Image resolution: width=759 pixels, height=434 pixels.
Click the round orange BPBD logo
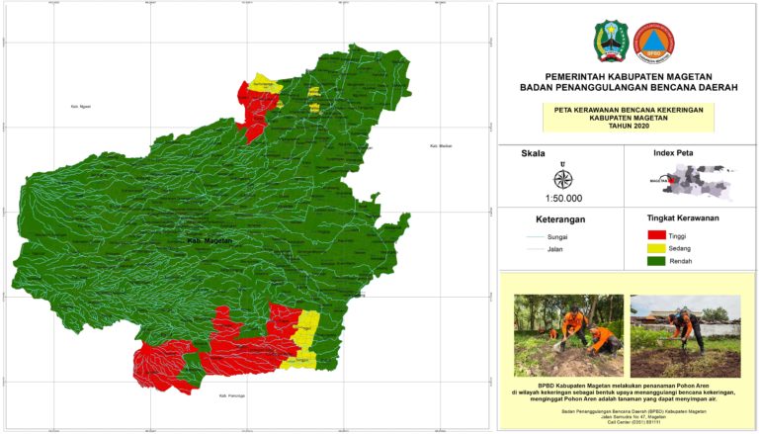[649, 43]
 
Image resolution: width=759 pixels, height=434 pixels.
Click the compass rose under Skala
[562, 179]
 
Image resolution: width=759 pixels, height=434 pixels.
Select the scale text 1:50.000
[562, 198]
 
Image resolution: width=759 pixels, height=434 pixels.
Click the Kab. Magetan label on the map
[210, 240]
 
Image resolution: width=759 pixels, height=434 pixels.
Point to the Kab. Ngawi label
[80, 107]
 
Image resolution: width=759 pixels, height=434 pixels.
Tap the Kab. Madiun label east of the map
[441, 146]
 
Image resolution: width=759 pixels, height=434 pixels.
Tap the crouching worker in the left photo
[572, 328]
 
